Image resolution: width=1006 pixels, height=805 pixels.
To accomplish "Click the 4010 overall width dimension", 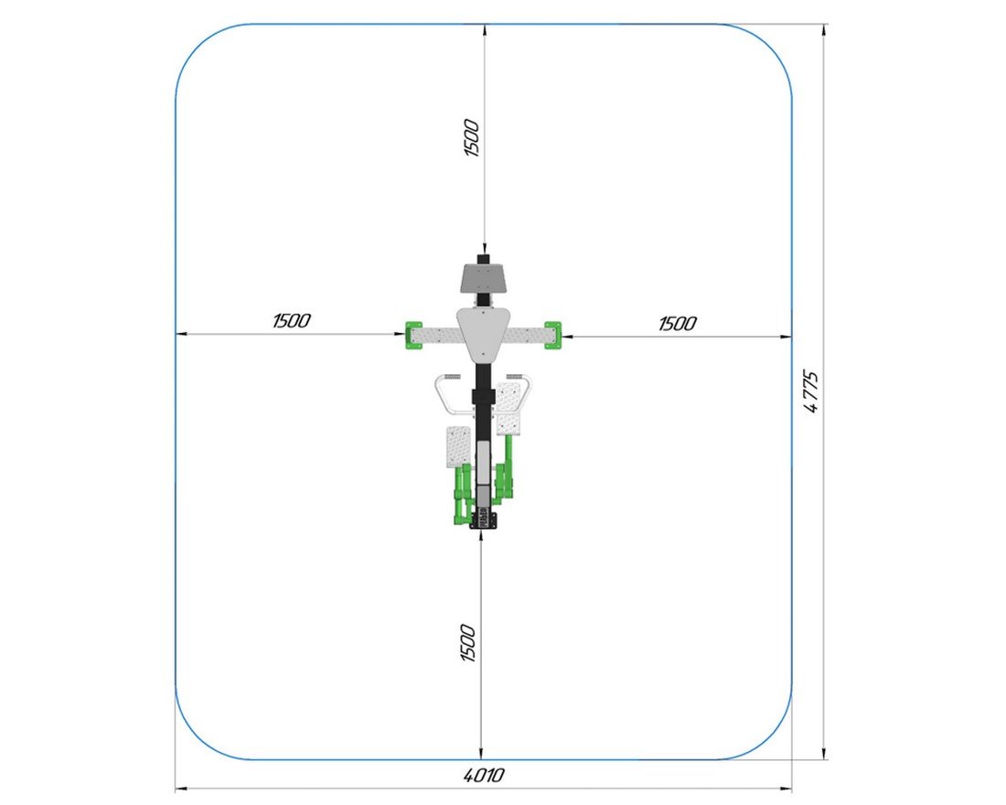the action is point(484,776).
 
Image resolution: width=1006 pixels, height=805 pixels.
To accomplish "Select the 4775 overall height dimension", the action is point(811,392).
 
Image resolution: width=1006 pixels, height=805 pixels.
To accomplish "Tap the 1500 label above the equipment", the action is point(472,138).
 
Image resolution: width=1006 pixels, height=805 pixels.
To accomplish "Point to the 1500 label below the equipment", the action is point(468,643).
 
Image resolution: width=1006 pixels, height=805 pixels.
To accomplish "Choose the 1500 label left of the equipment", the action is point(291,321).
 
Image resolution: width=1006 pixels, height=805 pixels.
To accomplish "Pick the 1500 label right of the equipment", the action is point(678,324).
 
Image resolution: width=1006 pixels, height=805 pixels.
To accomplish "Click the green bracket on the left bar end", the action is point(412,335).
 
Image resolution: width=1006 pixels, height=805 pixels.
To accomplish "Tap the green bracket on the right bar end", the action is point(553,335).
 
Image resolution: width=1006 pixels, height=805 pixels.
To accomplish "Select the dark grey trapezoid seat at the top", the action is point(485,278).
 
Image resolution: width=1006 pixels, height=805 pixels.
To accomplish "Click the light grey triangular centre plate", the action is point(485,332).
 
